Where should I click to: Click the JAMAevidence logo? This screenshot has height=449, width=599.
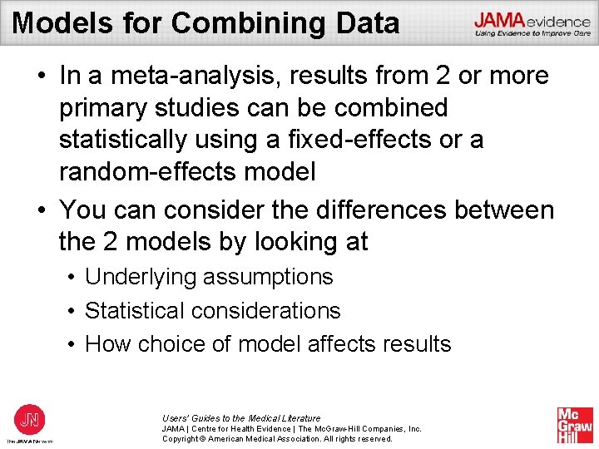click(x=532, y=24)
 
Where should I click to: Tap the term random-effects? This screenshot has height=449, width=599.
click(x=140, y=172)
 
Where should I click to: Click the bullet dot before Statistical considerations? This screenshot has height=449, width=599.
click(x=74, y=311)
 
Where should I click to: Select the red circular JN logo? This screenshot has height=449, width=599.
click(x=30, y=419)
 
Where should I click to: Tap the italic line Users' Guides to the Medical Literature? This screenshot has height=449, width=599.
click(x=241, y=418)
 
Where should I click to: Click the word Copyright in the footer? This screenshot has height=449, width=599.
click(x=183, y=438)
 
